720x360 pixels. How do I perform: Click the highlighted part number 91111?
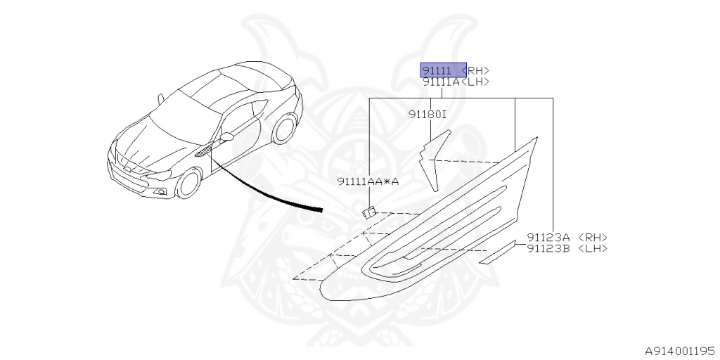point(437,70)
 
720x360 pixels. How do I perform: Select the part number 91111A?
point(441,82)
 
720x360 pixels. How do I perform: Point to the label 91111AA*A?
point(368,181)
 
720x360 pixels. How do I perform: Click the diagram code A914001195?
point(681,349)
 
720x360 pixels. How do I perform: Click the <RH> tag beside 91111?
point(476,70)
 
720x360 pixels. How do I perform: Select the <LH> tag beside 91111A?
point(475,82)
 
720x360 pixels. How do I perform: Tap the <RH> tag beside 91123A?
point(592,238)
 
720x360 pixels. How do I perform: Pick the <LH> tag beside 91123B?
point(592,248)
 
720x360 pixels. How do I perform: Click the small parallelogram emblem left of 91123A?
point(499,253)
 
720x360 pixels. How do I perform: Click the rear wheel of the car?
point(283,130)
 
